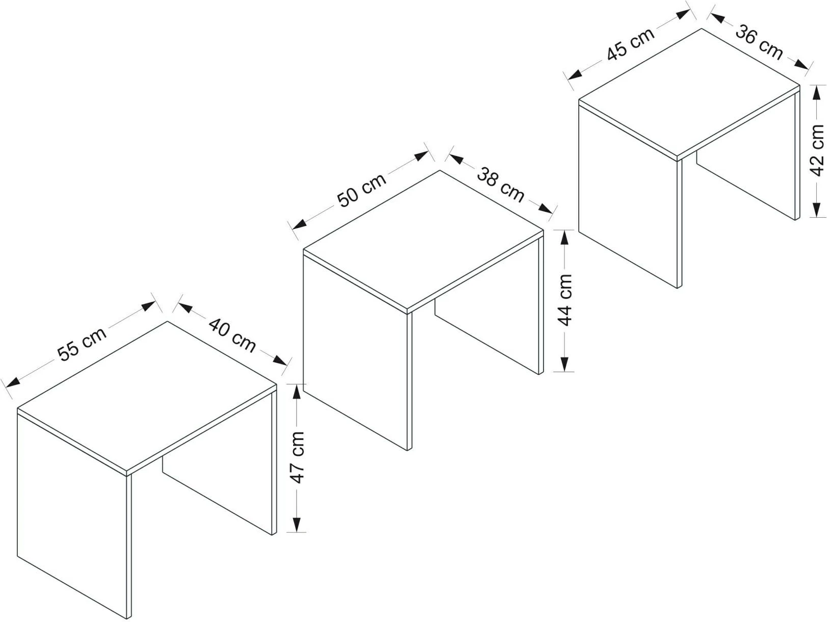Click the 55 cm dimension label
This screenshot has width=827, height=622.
82,344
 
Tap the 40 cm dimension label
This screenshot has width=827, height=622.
232,335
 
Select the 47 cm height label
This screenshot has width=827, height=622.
297,457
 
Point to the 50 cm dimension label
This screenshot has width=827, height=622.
361,190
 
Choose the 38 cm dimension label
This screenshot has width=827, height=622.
500,185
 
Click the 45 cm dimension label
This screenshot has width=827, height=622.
630,44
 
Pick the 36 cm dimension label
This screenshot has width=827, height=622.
759,42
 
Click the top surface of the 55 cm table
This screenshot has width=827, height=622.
147,396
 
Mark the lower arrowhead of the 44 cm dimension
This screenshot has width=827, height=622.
564,364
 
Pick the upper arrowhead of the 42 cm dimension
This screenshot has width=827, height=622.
816,92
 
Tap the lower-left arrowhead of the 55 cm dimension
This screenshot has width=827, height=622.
12,382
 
